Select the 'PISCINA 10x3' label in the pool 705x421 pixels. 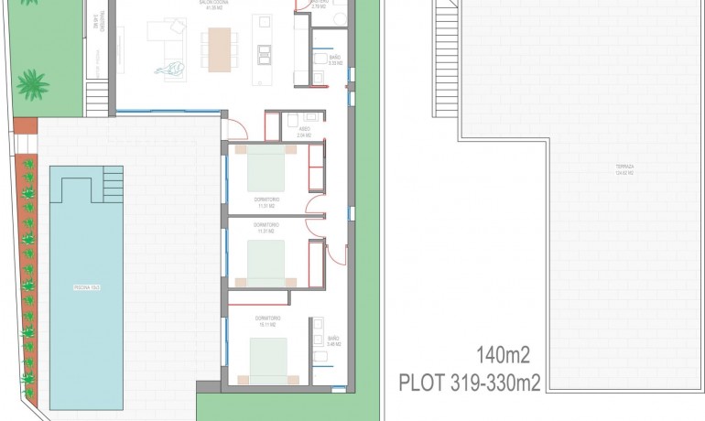[86, 288]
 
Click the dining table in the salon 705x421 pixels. [220, 49]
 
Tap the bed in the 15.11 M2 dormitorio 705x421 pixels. [268, 357]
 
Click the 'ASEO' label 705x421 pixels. [303, 132]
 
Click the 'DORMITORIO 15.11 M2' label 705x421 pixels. [268, 320]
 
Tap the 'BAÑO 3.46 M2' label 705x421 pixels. [333, 342]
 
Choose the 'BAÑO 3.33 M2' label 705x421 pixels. [335, 60]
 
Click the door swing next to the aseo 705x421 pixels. [237, 128]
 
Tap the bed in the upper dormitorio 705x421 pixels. [266, 171]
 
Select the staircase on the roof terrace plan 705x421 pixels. [445, 55]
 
